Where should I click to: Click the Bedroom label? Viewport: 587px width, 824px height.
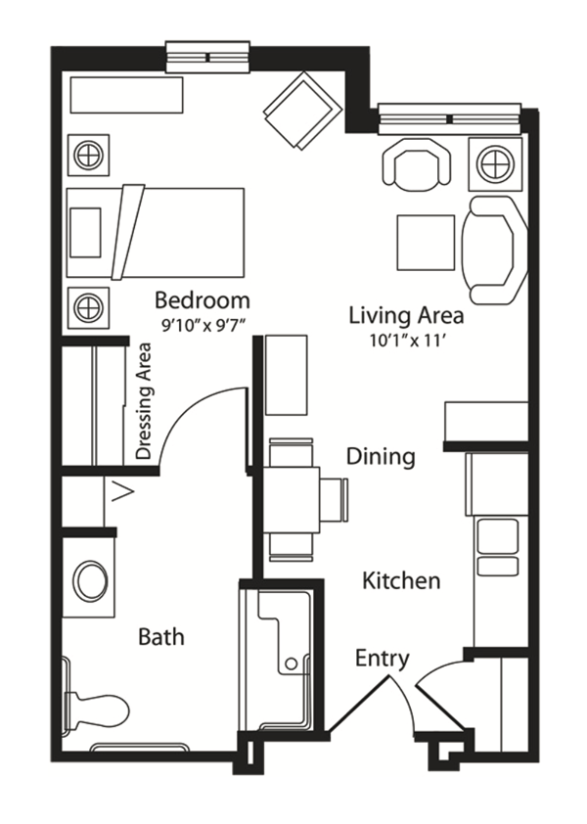click(203, 300)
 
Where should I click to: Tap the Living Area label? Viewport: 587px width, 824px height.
click(406, 316)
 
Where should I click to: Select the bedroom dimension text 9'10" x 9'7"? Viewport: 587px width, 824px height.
click(203, 326)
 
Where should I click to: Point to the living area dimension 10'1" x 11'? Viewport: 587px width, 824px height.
click(408, 342)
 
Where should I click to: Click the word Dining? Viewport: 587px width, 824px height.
click(381, 456)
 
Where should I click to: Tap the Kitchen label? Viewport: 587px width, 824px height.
click(401, 580)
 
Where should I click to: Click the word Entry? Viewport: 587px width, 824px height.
click(383, 659)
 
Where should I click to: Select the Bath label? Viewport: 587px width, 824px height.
click(160, 637)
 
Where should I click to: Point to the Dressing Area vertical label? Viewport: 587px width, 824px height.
click(144, 402)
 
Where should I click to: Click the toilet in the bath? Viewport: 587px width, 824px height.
click(95, 710)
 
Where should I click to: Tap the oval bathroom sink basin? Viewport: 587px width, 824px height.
click(90, 580)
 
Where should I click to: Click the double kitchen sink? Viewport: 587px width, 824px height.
click(497, 548)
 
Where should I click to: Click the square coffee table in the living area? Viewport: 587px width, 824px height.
click(426, 243)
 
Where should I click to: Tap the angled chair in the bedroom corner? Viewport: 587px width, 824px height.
click(300, 112)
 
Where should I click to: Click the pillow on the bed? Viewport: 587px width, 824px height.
click(85, 232)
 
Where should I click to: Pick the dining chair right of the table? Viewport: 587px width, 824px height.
click(334, 500)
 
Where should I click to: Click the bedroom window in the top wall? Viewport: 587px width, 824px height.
click(207, 57)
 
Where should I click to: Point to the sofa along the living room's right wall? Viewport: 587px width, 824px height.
click(494, 251)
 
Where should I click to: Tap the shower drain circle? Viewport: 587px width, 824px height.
click(291, 664)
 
